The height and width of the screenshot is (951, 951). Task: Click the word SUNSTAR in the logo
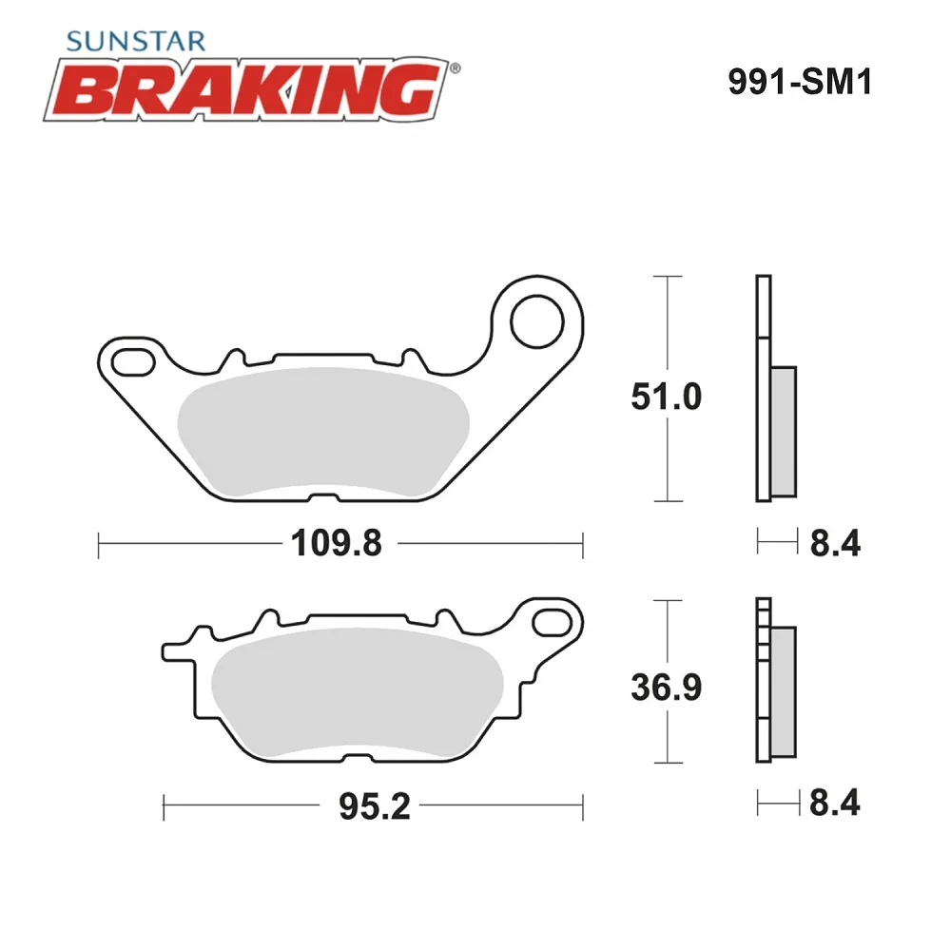136,41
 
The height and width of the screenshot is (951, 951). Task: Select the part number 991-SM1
800,81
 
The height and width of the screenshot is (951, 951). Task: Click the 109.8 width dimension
337,543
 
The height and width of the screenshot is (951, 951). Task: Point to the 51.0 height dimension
666,397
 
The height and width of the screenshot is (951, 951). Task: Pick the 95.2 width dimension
374,806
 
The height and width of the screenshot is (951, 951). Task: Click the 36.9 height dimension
666,688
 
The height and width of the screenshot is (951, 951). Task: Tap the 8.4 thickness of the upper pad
835,543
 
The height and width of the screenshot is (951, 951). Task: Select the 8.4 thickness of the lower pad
835,803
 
